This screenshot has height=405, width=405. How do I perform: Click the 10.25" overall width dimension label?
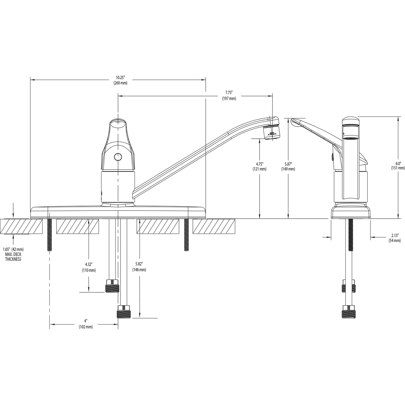(120, 80)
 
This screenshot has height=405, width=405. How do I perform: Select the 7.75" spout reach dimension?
(229, 96)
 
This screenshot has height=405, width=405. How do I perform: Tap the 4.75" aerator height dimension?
(260, 166)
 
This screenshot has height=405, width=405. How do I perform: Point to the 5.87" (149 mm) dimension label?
(288, 166)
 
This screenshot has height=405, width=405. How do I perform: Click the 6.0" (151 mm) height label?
(398, 166)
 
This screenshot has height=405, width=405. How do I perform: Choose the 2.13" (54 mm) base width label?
(394, 238)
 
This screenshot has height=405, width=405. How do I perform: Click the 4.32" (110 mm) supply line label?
(89, 267)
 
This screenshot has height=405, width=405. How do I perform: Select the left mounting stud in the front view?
(50, 234)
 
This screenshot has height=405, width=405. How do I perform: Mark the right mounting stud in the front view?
(186, 234)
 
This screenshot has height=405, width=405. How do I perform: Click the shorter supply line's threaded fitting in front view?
(112, 286)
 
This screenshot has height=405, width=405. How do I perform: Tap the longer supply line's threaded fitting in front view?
(124, 312)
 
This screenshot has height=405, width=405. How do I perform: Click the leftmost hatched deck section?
(21, 226)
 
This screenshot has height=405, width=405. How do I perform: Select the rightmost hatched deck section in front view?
(214, 226)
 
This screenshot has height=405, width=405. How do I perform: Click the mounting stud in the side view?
(350, 235)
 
